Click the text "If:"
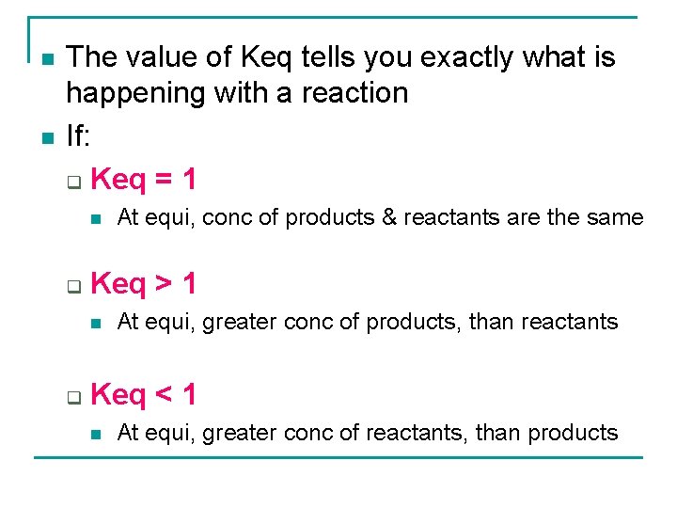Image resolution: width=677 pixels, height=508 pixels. click(78, 136)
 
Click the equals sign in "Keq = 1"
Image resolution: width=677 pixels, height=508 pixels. click(162, 178)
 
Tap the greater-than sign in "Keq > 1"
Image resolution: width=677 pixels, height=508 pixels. click(162, 282)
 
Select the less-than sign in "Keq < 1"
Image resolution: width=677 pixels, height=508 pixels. click(162, 394)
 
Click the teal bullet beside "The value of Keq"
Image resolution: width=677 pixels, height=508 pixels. click(46, 60)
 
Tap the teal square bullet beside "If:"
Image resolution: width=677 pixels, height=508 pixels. click(46, 138)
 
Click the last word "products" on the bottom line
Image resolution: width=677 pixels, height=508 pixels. click(573, 433)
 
